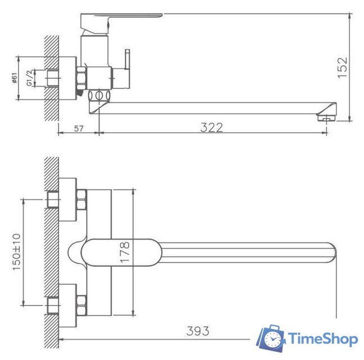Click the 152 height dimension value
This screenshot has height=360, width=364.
(342, 66)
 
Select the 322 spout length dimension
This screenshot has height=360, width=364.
(212, 127)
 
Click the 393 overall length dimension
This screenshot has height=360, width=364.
(198, 331)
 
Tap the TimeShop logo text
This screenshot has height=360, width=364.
(323, 339)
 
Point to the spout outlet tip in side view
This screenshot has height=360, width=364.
(326, 117)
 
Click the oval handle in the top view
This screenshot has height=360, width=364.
(121, 252)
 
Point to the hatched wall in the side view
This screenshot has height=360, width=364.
(52, 79)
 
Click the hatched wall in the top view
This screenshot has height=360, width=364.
(52, 253)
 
